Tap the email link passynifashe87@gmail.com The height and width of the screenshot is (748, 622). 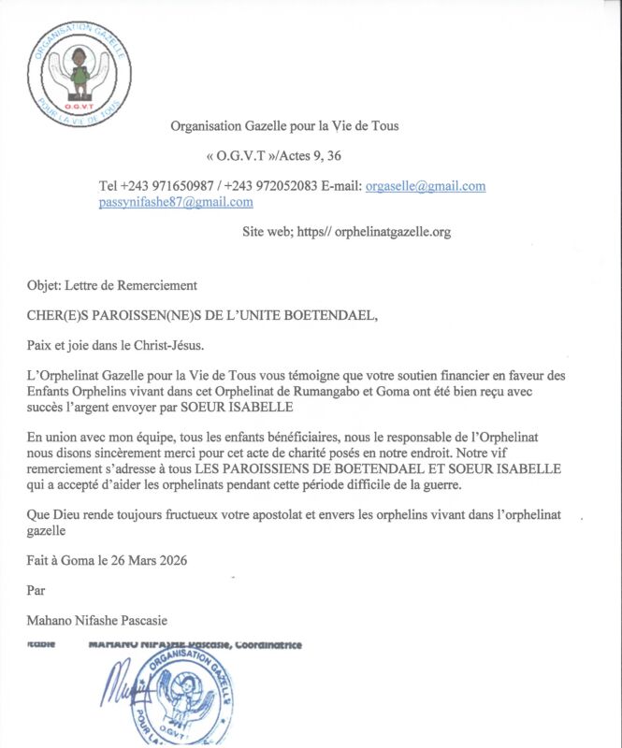176,202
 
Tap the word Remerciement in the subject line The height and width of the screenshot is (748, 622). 152,285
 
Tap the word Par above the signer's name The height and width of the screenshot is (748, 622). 35,591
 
